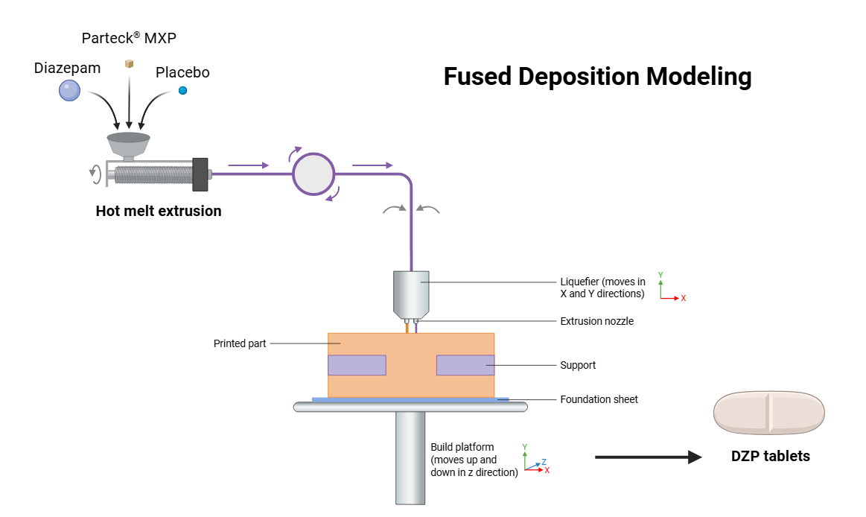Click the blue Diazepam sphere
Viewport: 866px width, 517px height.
pyautogui.click(x=69, y=91)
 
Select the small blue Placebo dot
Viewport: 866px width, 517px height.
pyautogui.click(x=182, y=90)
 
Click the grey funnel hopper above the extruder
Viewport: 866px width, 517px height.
pyautogui.click(x=128, y=141)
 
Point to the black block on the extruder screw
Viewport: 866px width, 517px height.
pyautogui.click(x=199, y=174)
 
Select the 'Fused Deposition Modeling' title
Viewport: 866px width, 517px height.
pyautogui.click(x=597, y=77)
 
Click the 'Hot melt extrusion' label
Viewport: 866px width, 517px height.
pyautogui.click(x=159, y=211)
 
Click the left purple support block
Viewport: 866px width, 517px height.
pyautogui.click(x=357, y=365)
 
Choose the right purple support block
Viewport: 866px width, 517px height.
pyautogui.click(x=465, y=365)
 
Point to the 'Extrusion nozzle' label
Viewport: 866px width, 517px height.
pyautogui.click(x=596, y=321)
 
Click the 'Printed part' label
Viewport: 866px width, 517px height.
pyautogui.click(x=240, y=343)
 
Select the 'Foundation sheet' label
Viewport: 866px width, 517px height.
pyautogui.click(x=599, y=399)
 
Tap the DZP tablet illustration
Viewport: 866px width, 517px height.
pyautogui.click(x=769, y=413)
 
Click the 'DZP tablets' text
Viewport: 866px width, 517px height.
pyautogui.click(x=770, y=457)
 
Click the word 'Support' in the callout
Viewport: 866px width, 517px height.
pyautogui.click(x=578, y=365)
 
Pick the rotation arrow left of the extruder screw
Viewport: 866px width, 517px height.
pyautogui.click(x=95, y=174)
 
